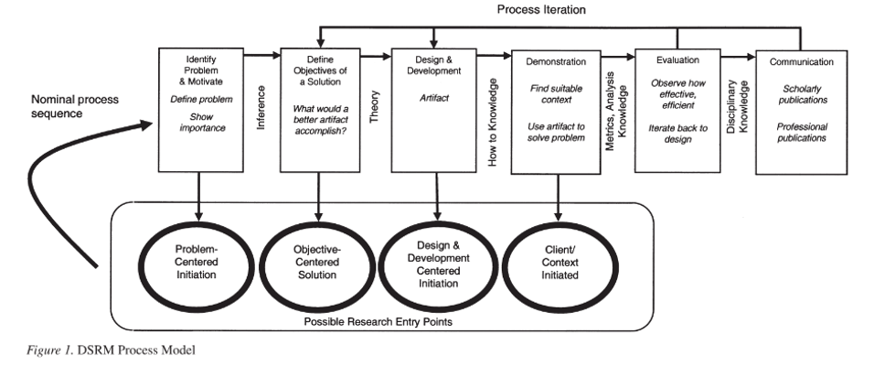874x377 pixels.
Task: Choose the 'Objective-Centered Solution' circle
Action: click(318, 261)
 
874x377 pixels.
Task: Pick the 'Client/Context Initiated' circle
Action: click(557, 261)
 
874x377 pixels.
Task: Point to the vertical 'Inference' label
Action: click(261, 106)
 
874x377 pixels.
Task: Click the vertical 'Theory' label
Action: click(375, 106)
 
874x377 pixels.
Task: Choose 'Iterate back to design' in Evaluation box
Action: click(677, 133)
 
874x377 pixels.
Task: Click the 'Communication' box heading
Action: click(801, 62)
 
